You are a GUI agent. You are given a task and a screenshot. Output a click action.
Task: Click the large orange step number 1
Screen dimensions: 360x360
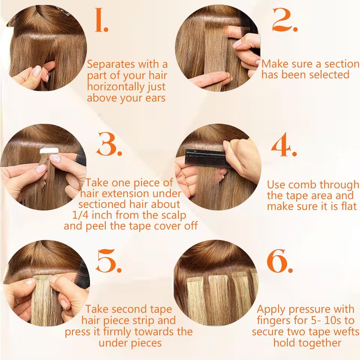(x=101, y=20)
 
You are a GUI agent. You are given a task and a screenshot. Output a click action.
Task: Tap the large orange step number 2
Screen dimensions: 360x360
(x=285, y=20)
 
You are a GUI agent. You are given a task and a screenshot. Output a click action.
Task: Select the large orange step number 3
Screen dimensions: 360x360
(x=109, y=144)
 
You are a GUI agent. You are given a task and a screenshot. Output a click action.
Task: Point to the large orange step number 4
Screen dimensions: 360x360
(x=284, y=144)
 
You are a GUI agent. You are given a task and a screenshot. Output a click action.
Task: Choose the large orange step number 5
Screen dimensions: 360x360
(x=108, y=261)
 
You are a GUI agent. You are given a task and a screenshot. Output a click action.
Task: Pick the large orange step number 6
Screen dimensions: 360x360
(x=279, y=261)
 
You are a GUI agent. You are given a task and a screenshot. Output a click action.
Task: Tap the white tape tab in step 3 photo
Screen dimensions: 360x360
(x=49, y=151)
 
